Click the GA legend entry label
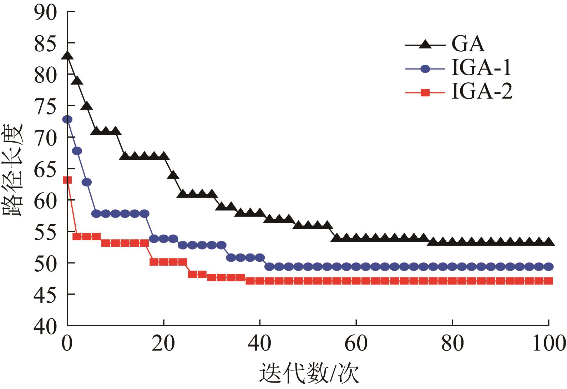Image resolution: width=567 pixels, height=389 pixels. (x=468, y=44)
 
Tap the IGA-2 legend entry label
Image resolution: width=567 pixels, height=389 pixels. (x=482, y=92)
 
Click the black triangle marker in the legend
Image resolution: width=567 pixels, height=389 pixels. (x=425, y=45)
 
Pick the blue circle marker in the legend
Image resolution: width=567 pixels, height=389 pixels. (x=425, y=69)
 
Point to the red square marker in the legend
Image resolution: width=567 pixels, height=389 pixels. (x=425, y=93)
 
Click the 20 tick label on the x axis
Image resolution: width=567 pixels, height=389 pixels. (x=163, y=345)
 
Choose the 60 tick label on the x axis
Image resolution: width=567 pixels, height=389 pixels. (x=356, y=345)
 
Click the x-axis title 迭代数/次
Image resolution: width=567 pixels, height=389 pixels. (x=309, y=374)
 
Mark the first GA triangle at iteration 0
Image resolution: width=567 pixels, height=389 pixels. (x=67, y=55)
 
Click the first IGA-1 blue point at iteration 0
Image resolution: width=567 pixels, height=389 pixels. (x=67, y=119)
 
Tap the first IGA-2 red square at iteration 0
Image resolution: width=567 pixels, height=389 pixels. (x=67, y=180)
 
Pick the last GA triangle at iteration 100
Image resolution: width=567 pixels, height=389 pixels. (x=549, y=241)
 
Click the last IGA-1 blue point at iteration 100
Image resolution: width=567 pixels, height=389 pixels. (x=549, y=266)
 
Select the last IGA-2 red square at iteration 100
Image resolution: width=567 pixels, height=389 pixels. (x=549, y=281)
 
